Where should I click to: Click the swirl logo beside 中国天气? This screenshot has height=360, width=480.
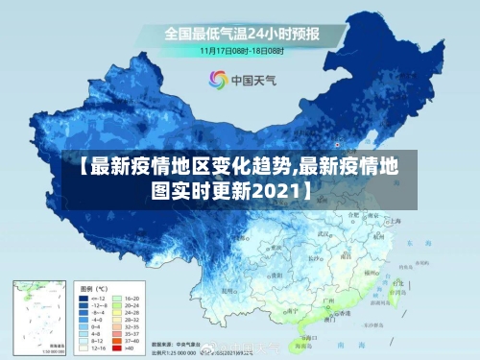(218, 80)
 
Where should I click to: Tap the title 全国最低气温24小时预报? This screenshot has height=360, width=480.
(242, 33)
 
